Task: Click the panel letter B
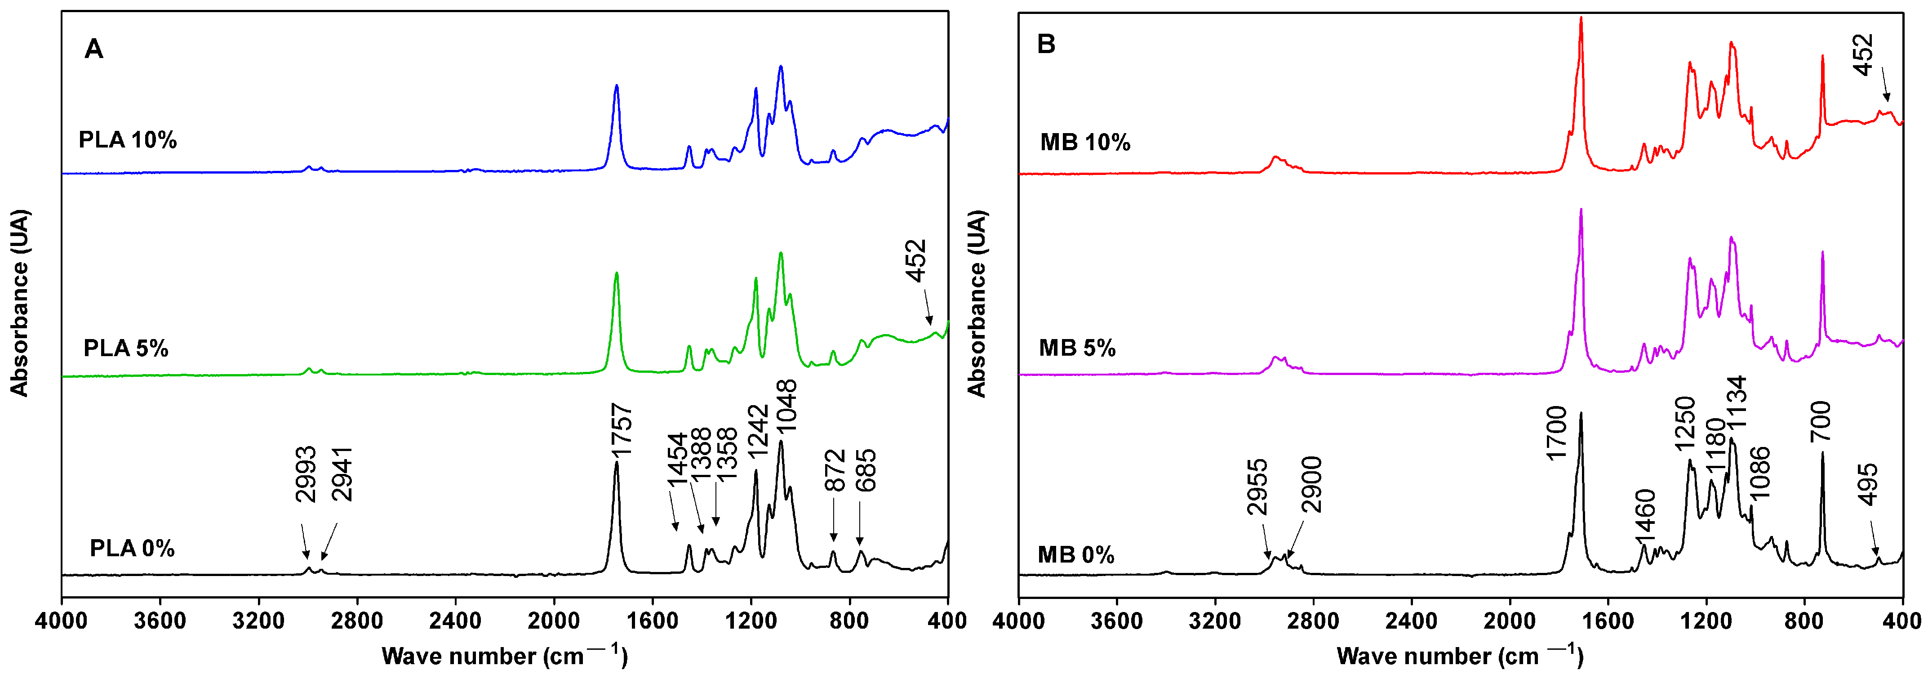tap(1046, 44)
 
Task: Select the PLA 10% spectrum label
tap(127, 140)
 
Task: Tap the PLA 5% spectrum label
tap(126, 348)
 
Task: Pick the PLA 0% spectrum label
tap(132, 549)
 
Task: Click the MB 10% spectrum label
tap(1084, 142)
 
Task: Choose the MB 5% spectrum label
tap(1077, 348)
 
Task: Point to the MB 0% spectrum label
tap(1075, 555)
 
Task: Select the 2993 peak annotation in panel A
tap(305, 474)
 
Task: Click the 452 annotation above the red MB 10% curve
tap(1863, 55)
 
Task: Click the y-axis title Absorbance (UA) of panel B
tap(977, 303)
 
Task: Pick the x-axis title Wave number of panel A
tap(504, 655)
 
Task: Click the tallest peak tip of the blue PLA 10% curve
tap(781, 67)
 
